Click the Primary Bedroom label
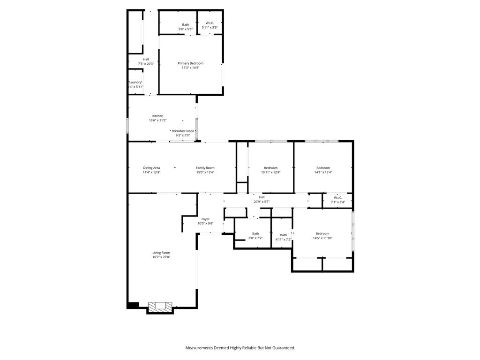point(190,63)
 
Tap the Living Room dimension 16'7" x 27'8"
point(161,257)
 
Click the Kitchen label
point(157,116)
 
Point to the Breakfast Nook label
point(182,131)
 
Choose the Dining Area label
point(151,168)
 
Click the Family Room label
point(205,168)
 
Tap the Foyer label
point(205,219)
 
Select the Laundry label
point(135,82)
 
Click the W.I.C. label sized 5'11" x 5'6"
point(210,23)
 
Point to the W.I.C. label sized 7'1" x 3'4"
point(338,198)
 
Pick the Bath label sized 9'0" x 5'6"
point(186,25)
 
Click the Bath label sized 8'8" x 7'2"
point(255,233)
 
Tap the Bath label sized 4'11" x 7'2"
point(284,235)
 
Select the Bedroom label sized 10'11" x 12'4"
point(270,168)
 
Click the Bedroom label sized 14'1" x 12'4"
point(323,168)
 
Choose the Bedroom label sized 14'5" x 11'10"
point(322,233)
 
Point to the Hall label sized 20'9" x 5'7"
point(262,197)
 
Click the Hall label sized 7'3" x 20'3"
point(146,60)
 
